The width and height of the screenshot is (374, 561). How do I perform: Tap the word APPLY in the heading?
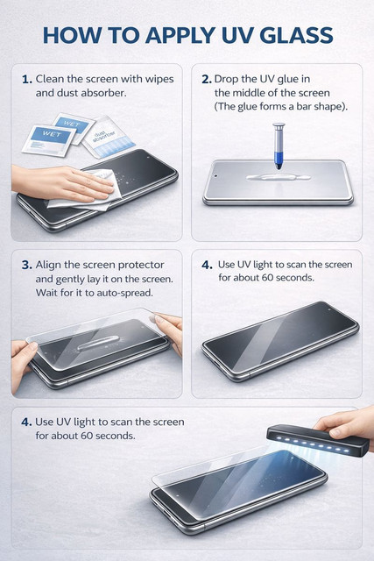click(x=180, y=35)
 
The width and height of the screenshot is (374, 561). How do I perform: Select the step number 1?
click(x=27, y=79)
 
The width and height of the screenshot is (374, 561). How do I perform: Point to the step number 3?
click(x=27, y=265)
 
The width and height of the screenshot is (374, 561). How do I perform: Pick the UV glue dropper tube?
click(x=279, y=146)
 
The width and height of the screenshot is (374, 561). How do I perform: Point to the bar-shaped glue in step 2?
click(x=279, y=177)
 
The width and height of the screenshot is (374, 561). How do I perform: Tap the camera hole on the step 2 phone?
click(x=216, y=176)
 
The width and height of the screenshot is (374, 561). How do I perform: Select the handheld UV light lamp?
click(x=318, y=440)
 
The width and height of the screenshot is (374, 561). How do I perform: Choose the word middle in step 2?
click(x=251, y=93)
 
